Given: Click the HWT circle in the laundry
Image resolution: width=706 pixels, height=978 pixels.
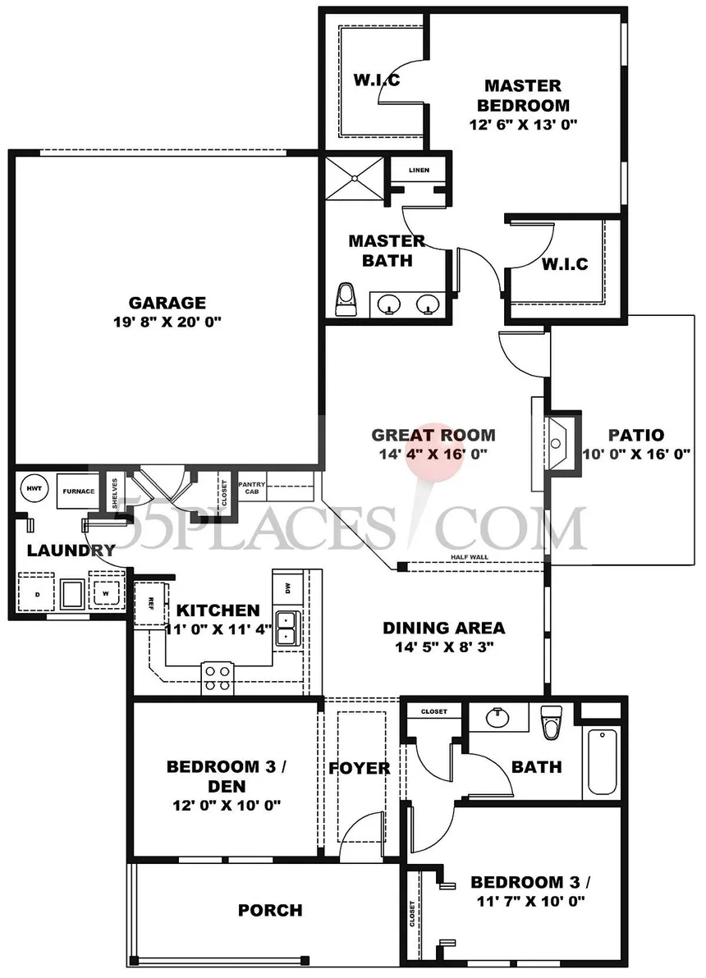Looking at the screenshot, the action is click(33, 488).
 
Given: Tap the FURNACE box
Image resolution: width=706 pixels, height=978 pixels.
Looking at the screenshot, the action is click(78, 491).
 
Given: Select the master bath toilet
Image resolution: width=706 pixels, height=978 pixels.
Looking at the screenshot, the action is click(345, 299).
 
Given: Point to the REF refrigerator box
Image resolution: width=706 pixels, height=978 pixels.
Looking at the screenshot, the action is click(151, 602).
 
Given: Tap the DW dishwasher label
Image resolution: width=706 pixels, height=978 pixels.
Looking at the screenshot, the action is click(288, 587).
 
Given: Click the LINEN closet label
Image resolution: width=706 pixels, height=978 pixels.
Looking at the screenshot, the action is click(419, 170).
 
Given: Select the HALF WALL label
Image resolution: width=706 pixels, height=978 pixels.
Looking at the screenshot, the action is click(470, 557).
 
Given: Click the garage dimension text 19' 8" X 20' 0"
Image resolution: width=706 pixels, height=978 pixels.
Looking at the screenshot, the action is click(167, 322).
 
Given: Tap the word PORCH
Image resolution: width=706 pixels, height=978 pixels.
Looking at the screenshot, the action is click(270, 910).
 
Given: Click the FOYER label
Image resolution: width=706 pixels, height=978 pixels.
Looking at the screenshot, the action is click(360, 768).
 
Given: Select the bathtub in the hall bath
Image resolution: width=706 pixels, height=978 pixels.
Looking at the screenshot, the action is click(602, 761).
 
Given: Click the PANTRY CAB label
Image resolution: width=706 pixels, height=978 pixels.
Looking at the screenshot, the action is click(251, 487).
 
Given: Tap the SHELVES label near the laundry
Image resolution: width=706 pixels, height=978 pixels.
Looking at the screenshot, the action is click(115, 493).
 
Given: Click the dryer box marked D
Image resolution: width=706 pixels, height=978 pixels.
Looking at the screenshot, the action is click(37, 593).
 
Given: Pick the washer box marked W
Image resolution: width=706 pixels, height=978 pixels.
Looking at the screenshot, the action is click(106, 592).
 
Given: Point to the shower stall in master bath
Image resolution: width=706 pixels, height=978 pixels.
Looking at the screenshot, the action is click(355, 178).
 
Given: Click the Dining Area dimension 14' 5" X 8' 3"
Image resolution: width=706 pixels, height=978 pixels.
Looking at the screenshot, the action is click(444, 647).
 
